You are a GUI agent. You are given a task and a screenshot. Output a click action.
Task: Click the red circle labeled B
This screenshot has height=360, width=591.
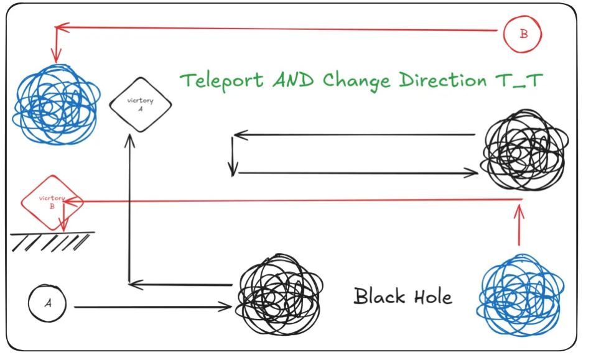[523, 34]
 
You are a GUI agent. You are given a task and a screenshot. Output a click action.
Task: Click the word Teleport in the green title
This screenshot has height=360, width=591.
[220, 80]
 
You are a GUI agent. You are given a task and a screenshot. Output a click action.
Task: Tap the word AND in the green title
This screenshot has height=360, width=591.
[292, 80]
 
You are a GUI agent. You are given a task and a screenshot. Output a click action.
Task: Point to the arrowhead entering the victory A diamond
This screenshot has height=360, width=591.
[129, 138]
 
